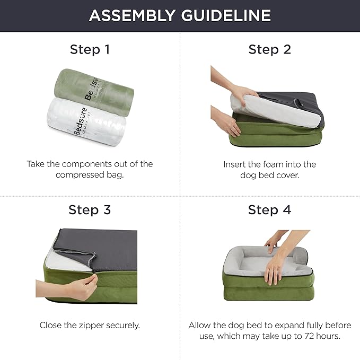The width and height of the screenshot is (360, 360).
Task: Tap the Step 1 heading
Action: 90,50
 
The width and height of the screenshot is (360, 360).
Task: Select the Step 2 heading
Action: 269,50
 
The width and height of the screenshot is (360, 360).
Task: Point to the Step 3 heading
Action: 90,210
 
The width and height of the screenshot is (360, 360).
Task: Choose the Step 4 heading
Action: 269,210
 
